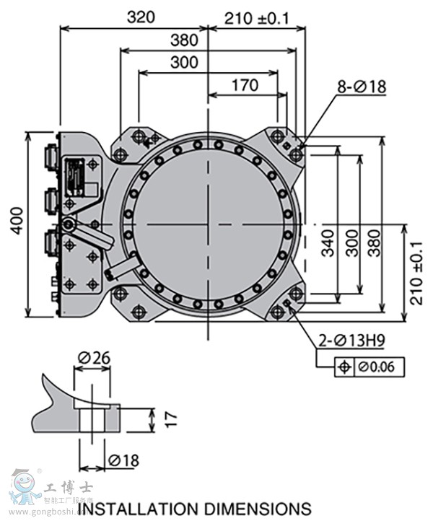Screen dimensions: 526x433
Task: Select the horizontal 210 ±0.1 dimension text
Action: pos(256,18)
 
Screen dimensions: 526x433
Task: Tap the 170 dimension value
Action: pos(245,85)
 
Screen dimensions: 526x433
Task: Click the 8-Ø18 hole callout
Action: pos(362,87)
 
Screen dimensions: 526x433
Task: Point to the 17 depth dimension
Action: pos(170,418)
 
